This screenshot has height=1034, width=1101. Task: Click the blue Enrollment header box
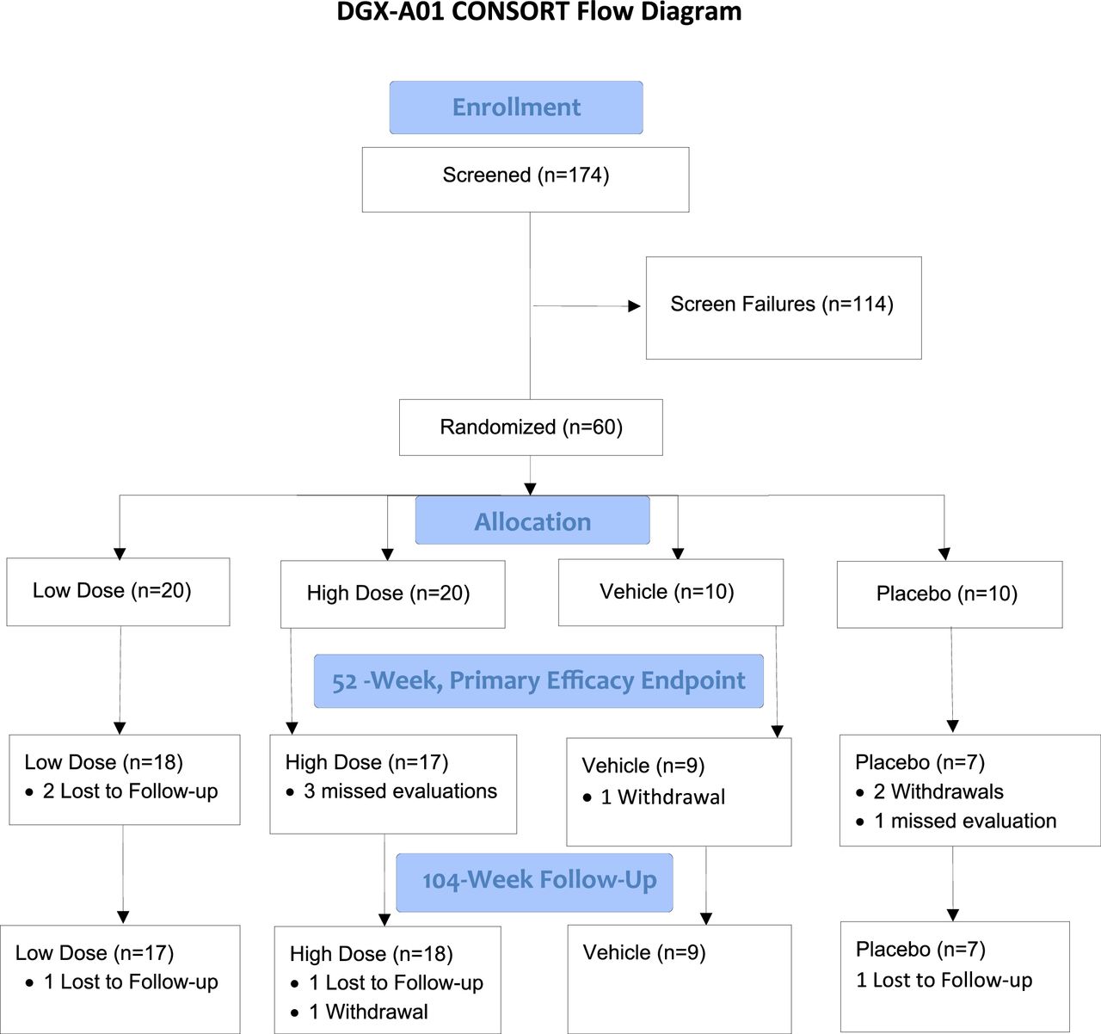[516, 107]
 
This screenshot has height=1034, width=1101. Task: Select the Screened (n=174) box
[526, 179]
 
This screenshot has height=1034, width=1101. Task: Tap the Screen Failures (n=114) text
[782, 304]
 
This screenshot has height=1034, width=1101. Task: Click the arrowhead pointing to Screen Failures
[634, 306]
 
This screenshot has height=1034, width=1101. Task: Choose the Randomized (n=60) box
[531, 427]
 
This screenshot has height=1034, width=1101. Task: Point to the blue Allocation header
[532, 520]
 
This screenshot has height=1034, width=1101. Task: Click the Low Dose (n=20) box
[118, 592]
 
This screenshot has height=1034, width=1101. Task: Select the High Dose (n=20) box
[392, 594]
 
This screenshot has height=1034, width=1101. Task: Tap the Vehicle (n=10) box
[671, 592]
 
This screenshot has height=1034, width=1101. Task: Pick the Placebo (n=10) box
[950, 594]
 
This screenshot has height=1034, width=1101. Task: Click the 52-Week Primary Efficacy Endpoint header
[538, 680]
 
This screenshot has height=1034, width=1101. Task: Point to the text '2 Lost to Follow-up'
[130, 791]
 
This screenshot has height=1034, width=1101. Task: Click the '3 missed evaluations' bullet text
[400, 791]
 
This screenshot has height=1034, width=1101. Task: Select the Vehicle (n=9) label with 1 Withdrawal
[643, 766]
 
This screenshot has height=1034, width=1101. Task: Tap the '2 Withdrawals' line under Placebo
[938, 791]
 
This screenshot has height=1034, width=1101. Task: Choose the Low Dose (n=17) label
[95, 952]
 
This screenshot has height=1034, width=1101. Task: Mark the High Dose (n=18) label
[371, 954]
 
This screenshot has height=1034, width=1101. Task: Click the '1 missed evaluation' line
[965, 821]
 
